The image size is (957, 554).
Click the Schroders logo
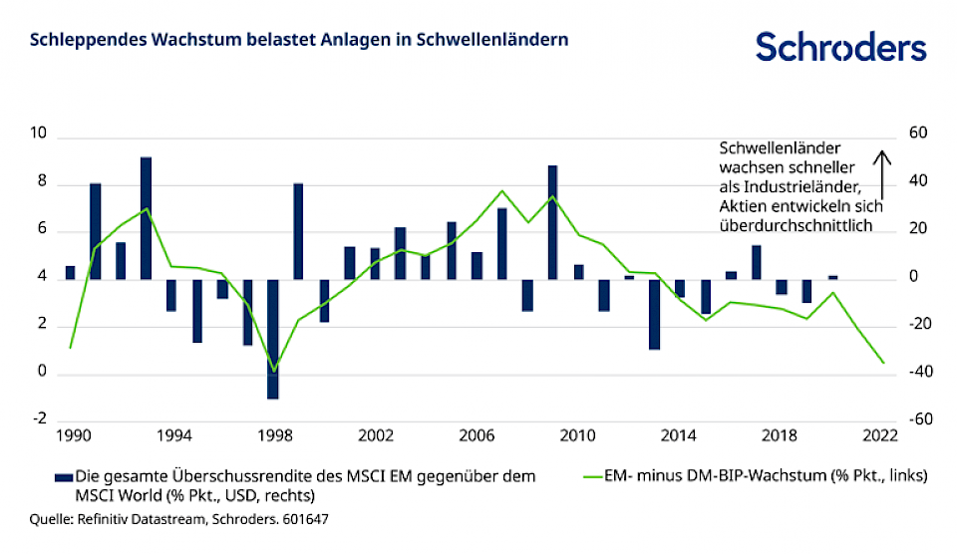840,46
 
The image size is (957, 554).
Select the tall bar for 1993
146,218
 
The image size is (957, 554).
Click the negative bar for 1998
273,339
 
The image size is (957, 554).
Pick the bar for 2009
553,222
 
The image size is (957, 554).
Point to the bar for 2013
655,314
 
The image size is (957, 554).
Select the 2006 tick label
477,435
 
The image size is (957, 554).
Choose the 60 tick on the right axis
917,135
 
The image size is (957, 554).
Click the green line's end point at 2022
883,363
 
